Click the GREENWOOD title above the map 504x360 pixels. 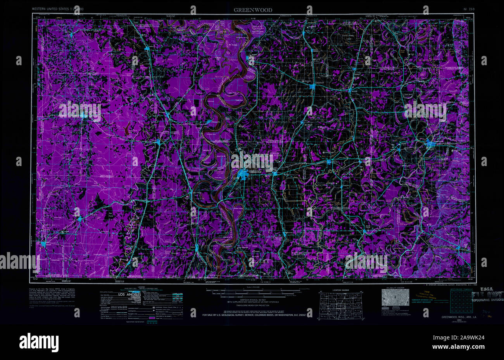tap(252, 10)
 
